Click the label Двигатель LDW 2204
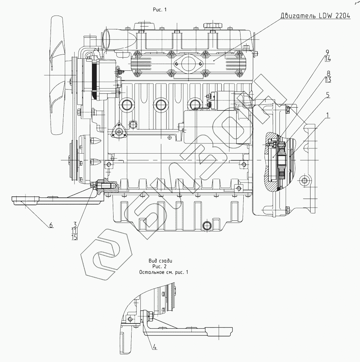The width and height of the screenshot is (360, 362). (x=315, y=16)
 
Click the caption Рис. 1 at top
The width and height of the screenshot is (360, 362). (x=159, y=10)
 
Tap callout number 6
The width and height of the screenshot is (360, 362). (x=51, y=224)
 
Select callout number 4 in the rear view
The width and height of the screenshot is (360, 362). (x=155, y=346)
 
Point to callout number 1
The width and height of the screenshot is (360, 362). (x=328, y=115)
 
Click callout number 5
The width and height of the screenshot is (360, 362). (x=328, y=95)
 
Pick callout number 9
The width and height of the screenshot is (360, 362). (x=328, y=52)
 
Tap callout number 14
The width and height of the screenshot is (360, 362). (x=328, y=58)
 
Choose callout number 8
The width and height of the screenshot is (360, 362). (x=328, y=73)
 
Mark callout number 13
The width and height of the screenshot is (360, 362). (x=328, y=80)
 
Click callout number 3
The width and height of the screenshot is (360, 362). (x=75, y=224)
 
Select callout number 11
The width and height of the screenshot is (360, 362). (x=75, y=231)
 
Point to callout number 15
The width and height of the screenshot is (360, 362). (x=75, y=237)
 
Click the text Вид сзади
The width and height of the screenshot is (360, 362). (x=160, y=260)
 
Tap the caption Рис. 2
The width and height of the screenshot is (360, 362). (x=159, y=266)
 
